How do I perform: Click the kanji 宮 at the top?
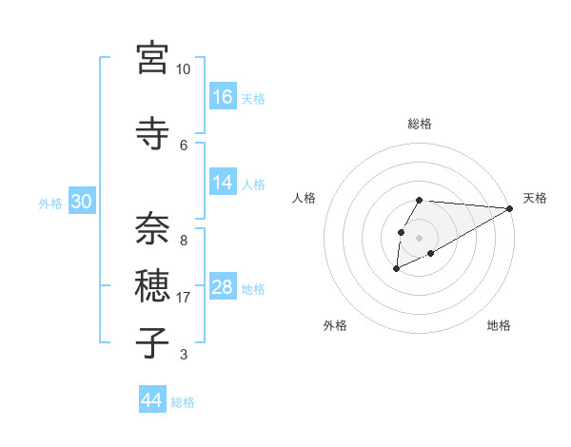[x=152, y=59]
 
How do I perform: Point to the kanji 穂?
[x=152, y=284]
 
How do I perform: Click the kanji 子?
[x=152, y=341]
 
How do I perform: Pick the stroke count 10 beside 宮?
[x=183, y=69]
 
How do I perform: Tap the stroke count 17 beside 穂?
[x=184, y=298]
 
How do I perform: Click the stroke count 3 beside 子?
[x=183, y=355]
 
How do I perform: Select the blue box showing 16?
[x=223, y=96]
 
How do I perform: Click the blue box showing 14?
[x=223, y=183]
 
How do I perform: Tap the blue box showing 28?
[x=223, y=287]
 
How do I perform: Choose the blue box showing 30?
[x=82, y=202]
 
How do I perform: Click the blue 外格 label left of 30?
[x=50, y=203]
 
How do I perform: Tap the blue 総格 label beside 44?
[x=183, y=402]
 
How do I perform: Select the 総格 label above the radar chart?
[x=420, y=124]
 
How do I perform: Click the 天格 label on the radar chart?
[x=535, y=198]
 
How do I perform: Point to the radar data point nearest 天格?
[x=509, y=208]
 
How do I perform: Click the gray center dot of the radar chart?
[x=419, y=236]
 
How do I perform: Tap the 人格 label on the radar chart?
[x=305, y=198]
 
